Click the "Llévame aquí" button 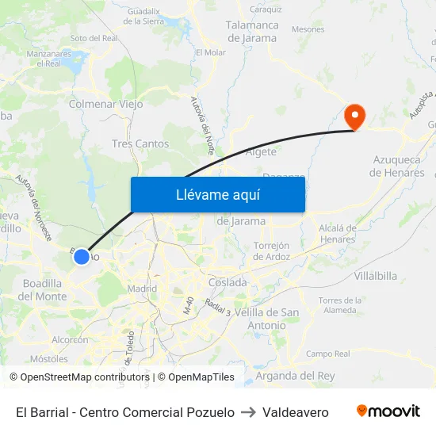coord(217,194)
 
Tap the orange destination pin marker coord(354,117)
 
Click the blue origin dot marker coord(81,256)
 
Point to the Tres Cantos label coord(140,143)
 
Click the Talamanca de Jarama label coord(252,31)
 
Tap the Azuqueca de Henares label coord(399,166)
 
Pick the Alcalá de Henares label coord(337,233)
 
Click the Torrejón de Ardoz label coord(272,251)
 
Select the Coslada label coord(228,282)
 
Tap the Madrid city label coord(143,289)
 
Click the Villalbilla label coord(376,276)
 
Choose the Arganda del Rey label coord(296,375)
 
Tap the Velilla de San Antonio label coord(266,319)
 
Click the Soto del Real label coord(94,37)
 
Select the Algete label coord(262,151)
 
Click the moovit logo coord(388,411)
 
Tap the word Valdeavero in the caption coord(295,412)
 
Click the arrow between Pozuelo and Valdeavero coord(248,412)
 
